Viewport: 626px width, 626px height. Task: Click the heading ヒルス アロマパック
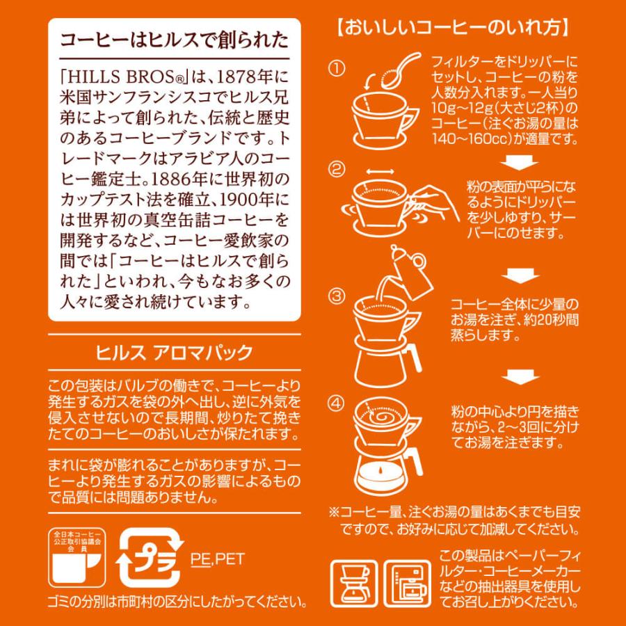click(174, 352)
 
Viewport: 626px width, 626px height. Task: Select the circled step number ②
click(337, 170)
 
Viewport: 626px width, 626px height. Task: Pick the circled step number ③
click(337, 296)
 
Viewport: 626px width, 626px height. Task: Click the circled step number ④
click(337, 403)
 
